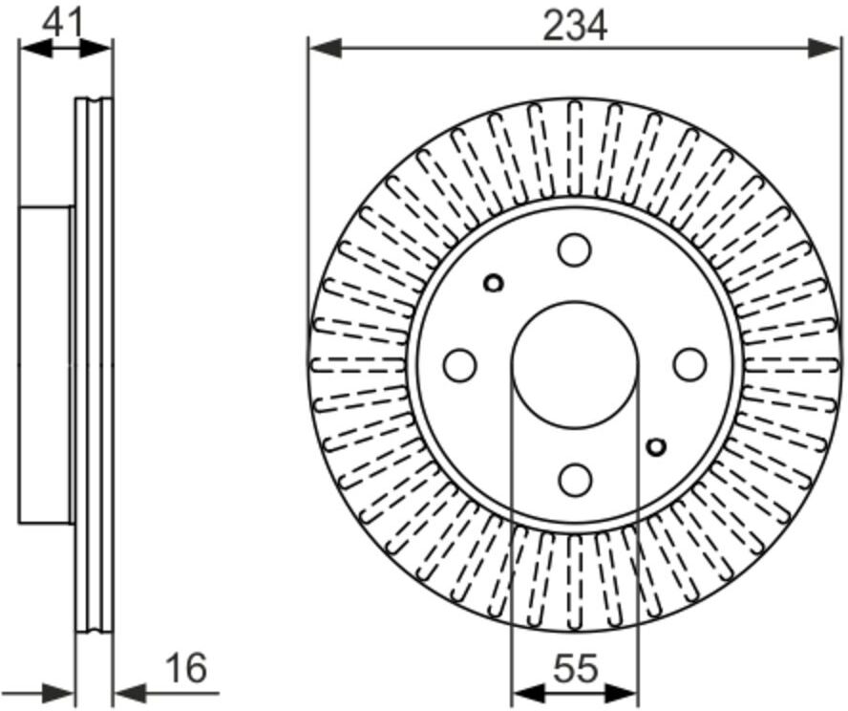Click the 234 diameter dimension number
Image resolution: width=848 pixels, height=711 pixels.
tap(575, 26)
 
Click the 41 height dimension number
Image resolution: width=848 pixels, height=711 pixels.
tap(63, 23)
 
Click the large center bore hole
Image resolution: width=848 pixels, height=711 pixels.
tap(575, 363)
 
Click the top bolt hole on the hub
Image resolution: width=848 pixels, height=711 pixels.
tap(575, 249)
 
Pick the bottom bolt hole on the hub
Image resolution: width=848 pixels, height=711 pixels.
tap(575, 479)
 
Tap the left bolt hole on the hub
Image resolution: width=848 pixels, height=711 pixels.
tap(459, 364)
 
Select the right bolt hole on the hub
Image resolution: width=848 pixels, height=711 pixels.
tap(690, 364)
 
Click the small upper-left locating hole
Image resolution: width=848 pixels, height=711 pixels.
tap(493, 283)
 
